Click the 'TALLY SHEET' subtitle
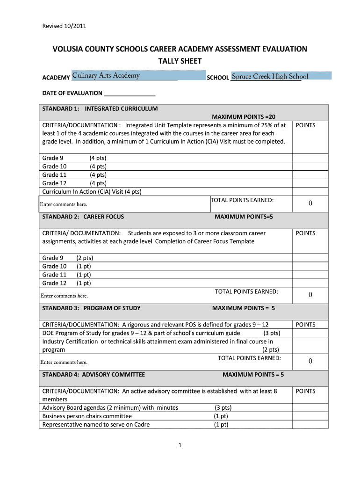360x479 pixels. pyautogui.click(x=180, y=61)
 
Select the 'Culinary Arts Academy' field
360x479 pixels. pyautogui.click(x=125, y=76)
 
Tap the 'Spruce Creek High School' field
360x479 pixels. pyautogui.click(x=281, y=76)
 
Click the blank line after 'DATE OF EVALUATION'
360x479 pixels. pyautogui.click(x=130, y=93)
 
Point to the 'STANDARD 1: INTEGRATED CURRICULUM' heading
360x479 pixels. pyautogui.click(x=100, y=109)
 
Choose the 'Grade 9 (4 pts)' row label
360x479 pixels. pyautogui.click(x=74, y=158)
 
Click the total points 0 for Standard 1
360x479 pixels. pyautogui.click(x=310, y=203)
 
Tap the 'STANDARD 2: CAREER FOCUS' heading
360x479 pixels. pyautogui.click(x=83, y=217)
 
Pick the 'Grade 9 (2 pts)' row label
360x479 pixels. pyautogui.click(x=68, y=258)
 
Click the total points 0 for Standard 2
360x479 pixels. pyautogui.click(x=310, y=295)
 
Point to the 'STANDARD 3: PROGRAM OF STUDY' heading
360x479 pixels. pyautogui.click(x=92, y=308)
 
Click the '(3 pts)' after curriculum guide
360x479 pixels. pyautogui.click(x=272, y=333)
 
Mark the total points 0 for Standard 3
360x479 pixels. pyautogui.click(x=310, y=361)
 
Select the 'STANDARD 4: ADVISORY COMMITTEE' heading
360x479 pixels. pyautogui.click(x=94, y=375)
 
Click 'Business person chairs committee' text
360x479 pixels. pyautogui.click(x=87, y=416)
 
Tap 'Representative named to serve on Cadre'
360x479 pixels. pyautogui.click(x=96, y=425)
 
